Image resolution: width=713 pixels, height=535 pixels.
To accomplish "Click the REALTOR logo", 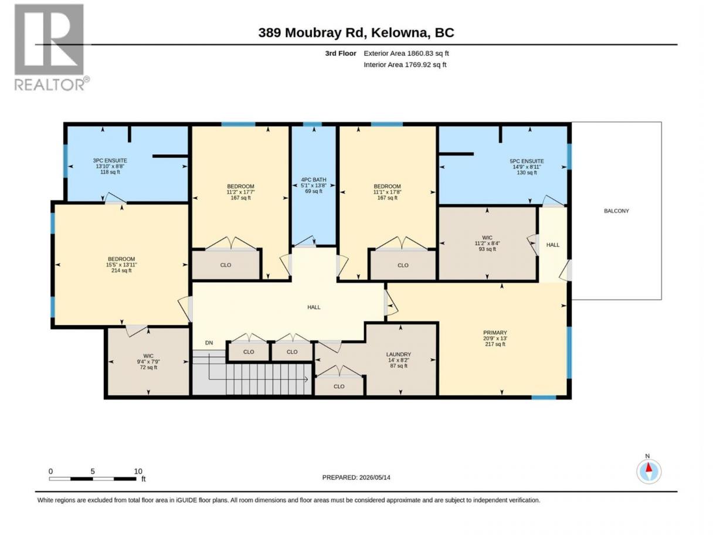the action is [52, 48].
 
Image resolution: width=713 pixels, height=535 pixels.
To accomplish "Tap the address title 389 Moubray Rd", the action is [312, 33].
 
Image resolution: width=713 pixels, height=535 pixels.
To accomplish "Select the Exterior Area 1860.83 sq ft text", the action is [406, 53].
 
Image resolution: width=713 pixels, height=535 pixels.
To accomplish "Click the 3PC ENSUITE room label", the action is [110, 161].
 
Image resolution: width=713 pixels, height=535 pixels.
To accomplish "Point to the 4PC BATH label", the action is [314, 180].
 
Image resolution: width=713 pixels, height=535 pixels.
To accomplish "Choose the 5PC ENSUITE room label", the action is [527, 161].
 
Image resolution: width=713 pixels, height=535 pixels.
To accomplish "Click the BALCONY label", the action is [616, 211].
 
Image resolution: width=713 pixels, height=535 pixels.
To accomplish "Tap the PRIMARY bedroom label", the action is [495, 333].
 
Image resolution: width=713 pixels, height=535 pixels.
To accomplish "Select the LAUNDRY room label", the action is [399, 354].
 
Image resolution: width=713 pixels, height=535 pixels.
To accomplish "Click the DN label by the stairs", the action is [209, 343].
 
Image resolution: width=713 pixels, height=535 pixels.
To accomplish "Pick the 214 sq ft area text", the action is [121, 270].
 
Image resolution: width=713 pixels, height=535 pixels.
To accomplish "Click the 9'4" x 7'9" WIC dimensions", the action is [148, 361].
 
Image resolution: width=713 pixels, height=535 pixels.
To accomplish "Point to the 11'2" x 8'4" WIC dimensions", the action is [487, 243].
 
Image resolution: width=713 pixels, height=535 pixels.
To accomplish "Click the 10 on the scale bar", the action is [138, 471].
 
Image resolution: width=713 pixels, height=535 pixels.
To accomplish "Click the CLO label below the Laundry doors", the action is [339, 387].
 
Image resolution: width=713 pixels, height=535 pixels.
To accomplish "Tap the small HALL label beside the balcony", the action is [552, 245].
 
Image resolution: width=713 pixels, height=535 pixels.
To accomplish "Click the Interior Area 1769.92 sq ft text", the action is [405, 65].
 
